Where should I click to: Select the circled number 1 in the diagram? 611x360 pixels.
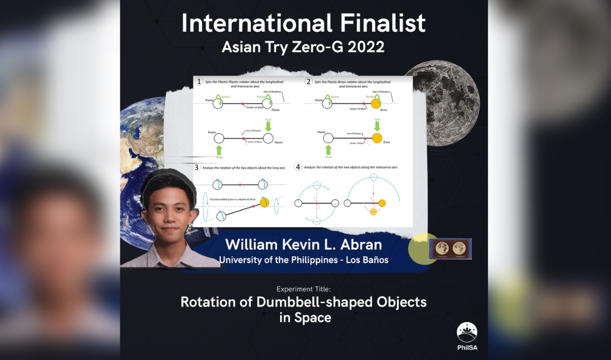click(x=199, y=81)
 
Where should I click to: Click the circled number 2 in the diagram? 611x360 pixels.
click(x=308, y=81)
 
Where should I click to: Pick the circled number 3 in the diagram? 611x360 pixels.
click(x=197, y=167)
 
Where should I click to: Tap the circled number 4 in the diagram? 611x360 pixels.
click(x=298, y=167)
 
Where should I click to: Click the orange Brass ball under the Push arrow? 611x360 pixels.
click(x=377, y=139)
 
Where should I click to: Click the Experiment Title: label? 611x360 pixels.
click(x=304, y=289)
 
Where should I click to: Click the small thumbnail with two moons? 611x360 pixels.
click(x=450, y=249)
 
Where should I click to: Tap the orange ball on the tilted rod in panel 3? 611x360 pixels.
click(x=264, y=202)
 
